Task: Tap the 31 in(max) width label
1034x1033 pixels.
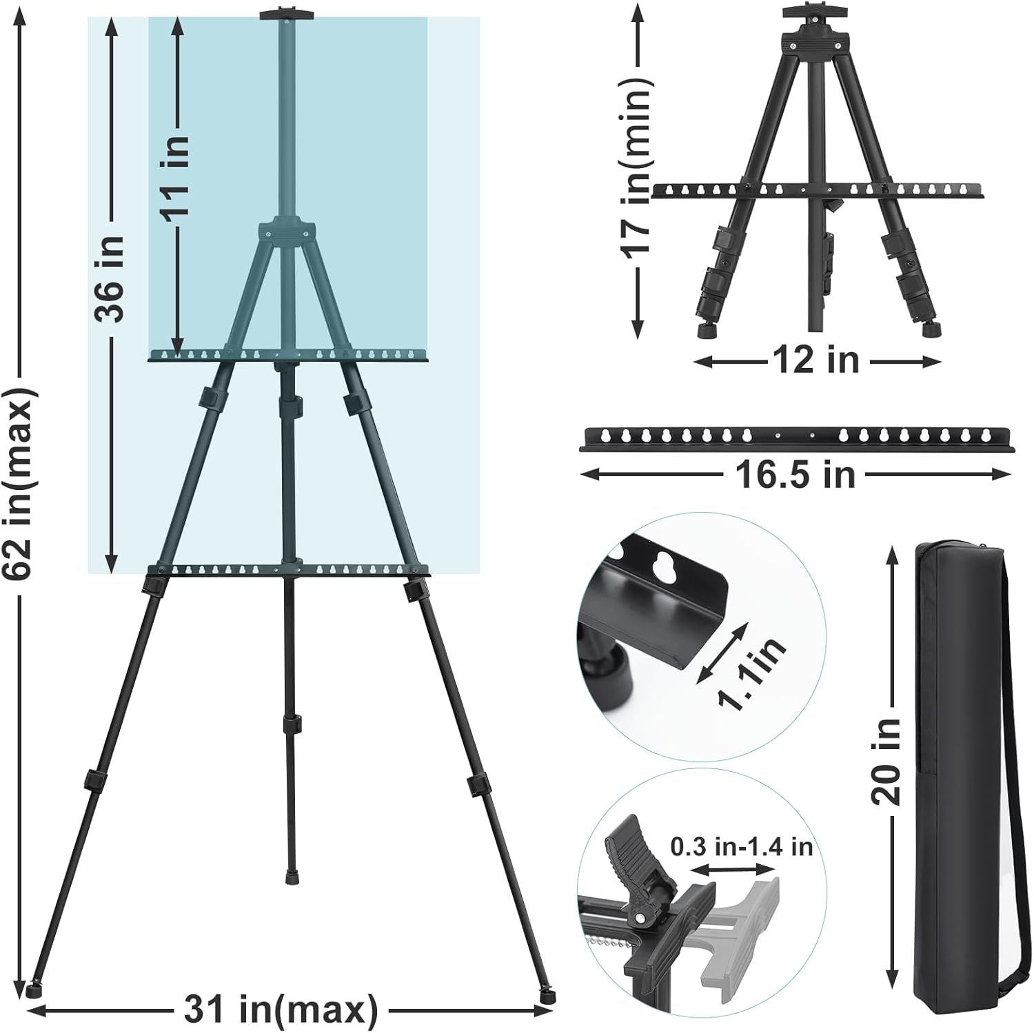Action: [281, 1010]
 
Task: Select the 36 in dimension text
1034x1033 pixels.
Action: [110, 278]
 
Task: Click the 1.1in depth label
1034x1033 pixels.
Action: [751, 671]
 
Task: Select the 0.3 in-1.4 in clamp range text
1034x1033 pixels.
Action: [741, 846]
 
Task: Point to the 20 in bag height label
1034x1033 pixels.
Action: [886, 761]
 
